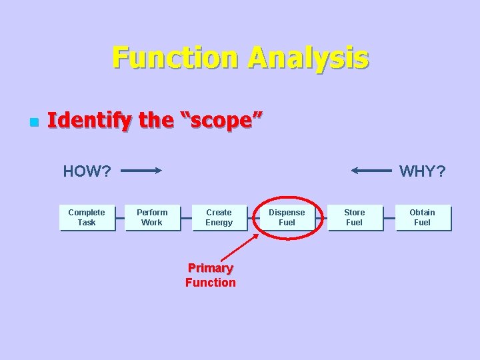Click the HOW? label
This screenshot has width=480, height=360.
point(87,171)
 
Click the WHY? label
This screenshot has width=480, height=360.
point(422,171)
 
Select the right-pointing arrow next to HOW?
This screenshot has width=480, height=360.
point(141,171)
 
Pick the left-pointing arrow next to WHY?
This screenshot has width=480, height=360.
point(371,171)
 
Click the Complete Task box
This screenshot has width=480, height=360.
point(87,217)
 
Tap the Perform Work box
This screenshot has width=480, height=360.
point(153,217)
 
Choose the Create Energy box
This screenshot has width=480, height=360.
point(219,217)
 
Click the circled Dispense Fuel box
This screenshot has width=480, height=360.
point(287,217)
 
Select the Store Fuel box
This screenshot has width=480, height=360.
point(355,217)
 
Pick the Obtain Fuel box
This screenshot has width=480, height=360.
point(422,217)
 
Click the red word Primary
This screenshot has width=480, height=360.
point(211,268)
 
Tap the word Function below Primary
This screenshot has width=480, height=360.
point(211,283)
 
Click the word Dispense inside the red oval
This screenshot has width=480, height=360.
point(287,213)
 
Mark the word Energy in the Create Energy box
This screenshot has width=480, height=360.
point(219,223)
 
